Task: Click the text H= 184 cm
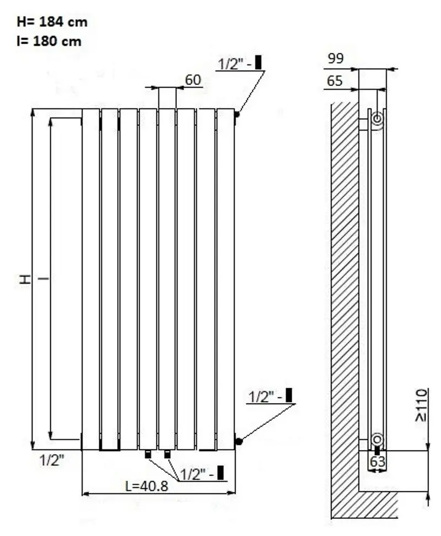pyautogui.click(x=52, y=22)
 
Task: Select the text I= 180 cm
pyautogui.click(x=49, y=41)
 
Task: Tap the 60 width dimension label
pyautogui.click(x=193, y=79)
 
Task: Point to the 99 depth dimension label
pyautogui.click(x=336, y=58)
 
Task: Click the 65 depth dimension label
pyautogui.click(x=335, y=81)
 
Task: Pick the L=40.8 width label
pyautogui.click(x=147, y=486)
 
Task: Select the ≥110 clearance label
pyautogui.click(x=422, y=405)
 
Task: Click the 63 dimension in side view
pyautogui.click(x=378, y=462)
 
